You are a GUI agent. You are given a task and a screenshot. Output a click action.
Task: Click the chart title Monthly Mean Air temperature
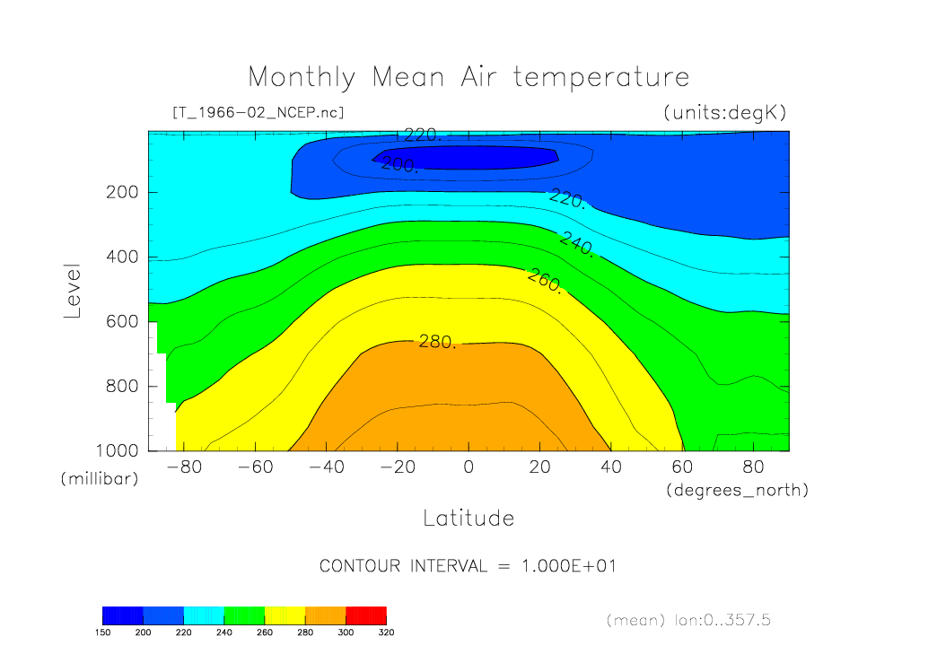tap(468, 77)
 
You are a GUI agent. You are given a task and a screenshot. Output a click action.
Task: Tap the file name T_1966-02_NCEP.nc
tap(258, 113)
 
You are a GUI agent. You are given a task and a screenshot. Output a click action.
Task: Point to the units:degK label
tap(724, 113)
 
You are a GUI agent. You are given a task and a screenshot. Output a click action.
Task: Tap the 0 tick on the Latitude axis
tap(468, 467)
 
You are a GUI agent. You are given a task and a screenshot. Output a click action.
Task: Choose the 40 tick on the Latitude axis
tap(610, 467)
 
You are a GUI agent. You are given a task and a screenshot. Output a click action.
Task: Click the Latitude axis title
tap(468, 519)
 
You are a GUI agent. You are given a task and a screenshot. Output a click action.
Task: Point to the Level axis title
tap(74, 292)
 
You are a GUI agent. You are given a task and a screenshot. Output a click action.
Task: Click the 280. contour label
tap(437, 342)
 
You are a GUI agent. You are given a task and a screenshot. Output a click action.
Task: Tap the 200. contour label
tap(398, 165)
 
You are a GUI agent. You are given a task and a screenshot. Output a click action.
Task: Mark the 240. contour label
tap(576, 244)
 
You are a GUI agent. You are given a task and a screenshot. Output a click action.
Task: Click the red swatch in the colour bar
tap(365, 615)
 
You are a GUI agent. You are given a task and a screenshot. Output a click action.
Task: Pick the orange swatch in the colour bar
tap(325, 615)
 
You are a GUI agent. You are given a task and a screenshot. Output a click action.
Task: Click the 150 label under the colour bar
tap(103, 632)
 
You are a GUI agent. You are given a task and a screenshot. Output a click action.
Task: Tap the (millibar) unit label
tap(100, 479)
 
